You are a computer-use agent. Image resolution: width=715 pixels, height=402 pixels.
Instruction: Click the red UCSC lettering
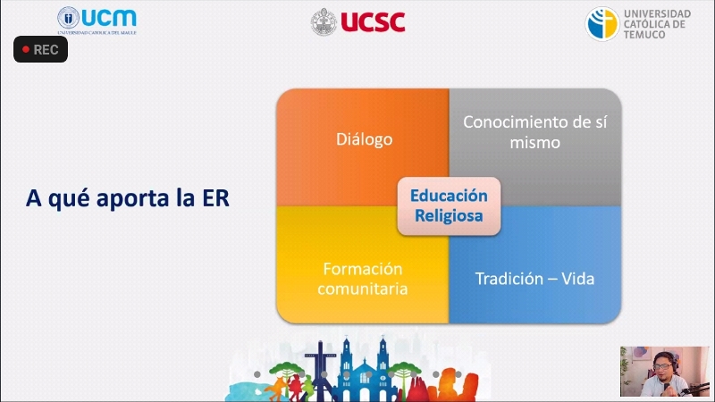coord(373,21)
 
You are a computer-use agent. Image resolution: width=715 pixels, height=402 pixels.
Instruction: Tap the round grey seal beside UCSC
coord(324,21)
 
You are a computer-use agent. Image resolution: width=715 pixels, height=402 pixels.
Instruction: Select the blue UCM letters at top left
coord(109,18)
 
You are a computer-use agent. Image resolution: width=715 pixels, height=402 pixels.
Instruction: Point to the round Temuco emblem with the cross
coord(602,24)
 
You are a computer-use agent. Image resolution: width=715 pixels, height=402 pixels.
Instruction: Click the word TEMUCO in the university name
coord(644,35)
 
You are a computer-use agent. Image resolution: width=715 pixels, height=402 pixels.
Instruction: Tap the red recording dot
coord(26,49)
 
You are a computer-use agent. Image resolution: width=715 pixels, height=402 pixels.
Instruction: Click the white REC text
coord(46,50)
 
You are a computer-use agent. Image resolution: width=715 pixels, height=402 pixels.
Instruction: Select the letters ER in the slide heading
coord(215,198)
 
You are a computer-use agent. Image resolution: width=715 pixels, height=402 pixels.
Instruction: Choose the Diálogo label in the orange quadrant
coord(365,139)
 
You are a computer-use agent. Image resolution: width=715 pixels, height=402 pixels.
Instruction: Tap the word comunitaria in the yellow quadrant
coord(363,289)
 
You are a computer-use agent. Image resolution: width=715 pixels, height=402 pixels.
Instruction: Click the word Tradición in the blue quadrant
coord(509,279)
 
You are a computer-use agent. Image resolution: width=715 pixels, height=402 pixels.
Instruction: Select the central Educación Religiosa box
coord(449,206)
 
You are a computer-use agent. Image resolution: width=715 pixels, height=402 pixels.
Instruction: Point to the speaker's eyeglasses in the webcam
coord(662,366)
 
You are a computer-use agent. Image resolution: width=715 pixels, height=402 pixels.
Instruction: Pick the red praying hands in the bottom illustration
coord(417,389)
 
